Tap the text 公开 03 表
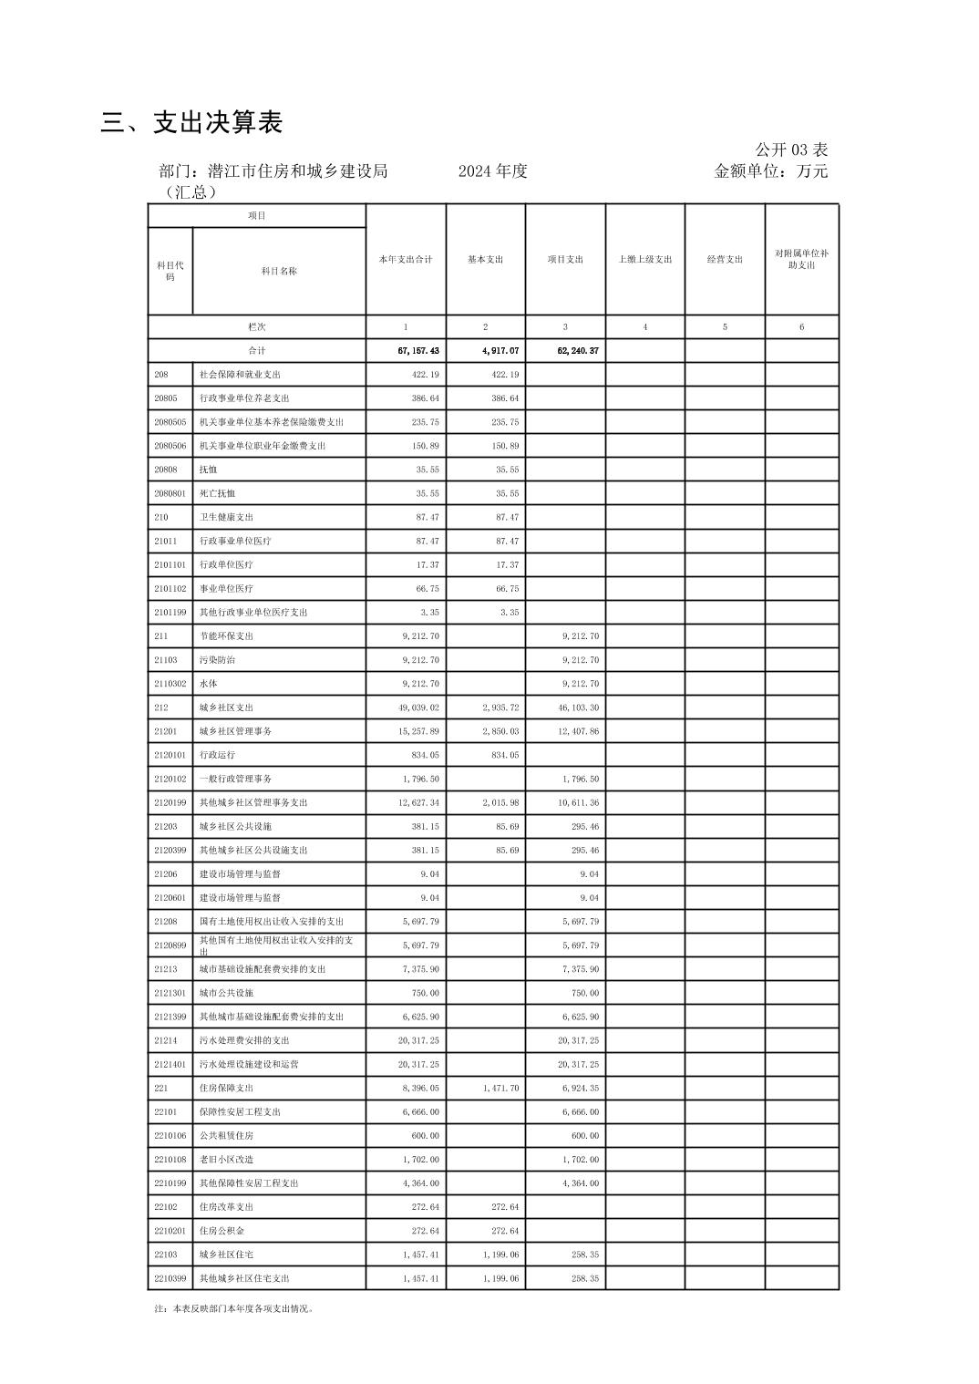tap(790, 150)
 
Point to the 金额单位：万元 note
tap(770, 171)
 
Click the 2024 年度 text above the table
tap(492, 171)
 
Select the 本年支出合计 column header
tap(406, 260)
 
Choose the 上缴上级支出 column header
tap(644, 260)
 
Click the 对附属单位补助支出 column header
tap(801, 260)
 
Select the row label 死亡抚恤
tap(217, 493)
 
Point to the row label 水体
tap(208, 684)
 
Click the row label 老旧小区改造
tap(226, 1160)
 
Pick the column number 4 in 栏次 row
tap(644, 327)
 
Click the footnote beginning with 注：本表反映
tap(234, 1308)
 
